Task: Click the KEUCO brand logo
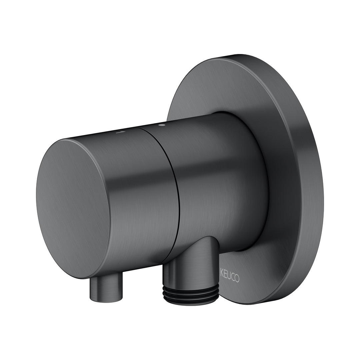tap(230, 277)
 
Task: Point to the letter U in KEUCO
tap(229, 277)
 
